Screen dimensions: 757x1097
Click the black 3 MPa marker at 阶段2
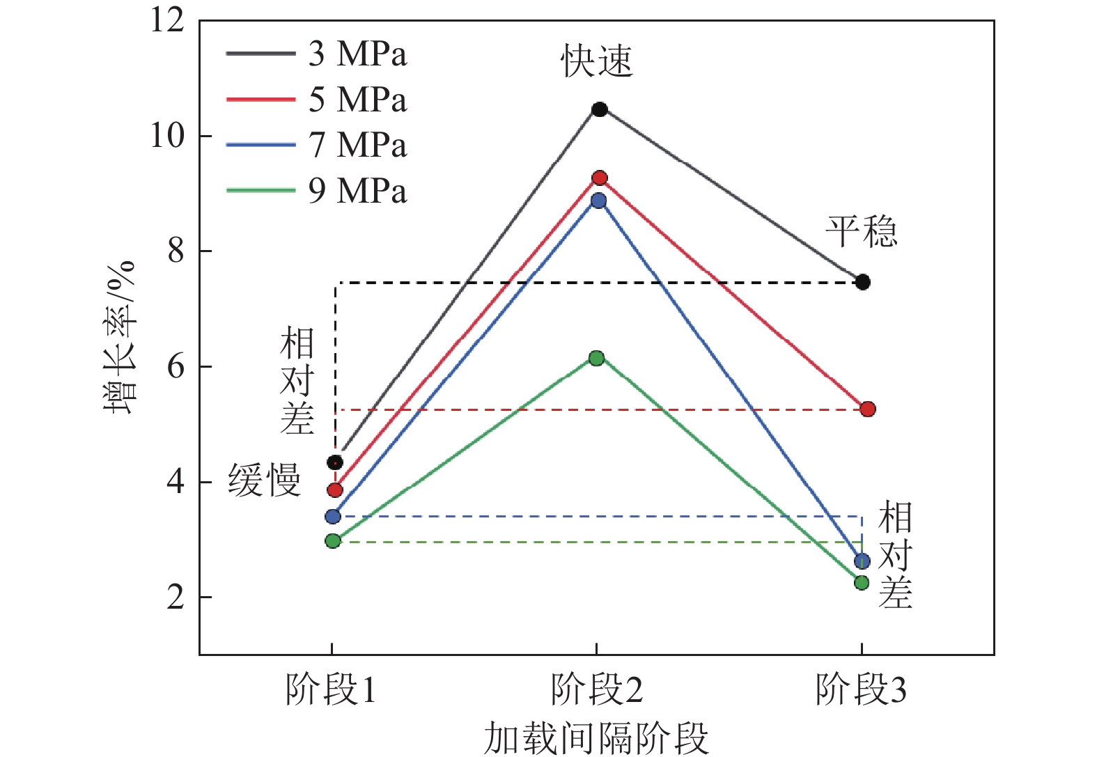(x=600, y=109)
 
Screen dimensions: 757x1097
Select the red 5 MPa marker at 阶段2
(x=600, y=178)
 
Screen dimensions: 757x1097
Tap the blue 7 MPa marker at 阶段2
(x=598, y=201)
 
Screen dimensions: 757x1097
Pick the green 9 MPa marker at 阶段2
(x=597, y=358)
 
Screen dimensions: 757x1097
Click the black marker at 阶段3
(x=863, y=282)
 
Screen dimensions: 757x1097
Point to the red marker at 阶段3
(x=867, y=409)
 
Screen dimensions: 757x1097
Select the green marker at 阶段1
(x=333, y=541)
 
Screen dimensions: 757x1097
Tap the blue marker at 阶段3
(x=862, y=561)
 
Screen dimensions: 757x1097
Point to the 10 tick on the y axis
(x=168, y=136)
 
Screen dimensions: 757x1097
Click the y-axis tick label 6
(x=176, y=366)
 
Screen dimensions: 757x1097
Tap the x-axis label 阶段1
(x=331, y=689)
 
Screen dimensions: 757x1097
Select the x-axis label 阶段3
(x=862, y=689)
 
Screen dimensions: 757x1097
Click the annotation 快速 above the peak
(x=597, y=61)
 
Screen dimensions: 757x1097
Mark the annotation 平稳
(x=862, y=231)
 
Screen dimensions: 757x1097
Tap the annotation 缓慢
(x=265, y=480)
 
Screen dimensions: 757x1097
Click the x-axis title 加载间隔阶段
(x=596, y=738)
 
